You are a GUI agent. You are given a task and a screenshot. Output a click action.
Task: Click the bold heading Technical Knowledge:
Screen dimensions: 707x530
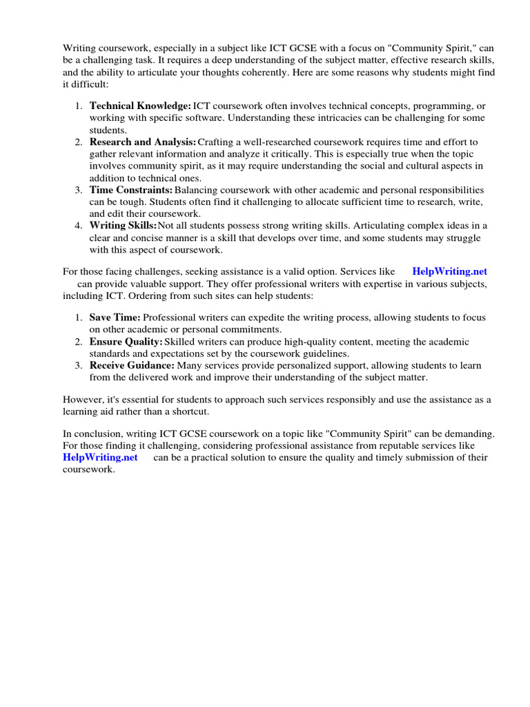[x=140, y=106]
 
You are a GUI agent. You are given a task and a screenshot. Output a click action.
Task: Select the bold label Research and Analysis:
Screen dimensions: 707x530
[x=143, y=142]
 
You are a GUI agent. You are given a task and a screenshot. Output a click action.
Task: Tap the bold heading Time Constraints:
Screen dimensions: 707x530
[x=131, y=189]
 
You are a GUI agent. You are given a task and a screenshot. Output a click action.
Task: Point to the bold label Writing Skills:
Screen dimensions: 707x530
[x=123, y=225]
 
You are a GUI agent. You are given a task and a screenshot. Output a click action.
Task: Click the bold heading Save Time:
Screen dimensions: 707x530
[x=115, y=317]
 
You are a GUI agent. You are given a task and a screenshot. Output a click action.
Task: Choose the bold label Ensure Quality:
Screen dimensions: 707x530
[x=126, y=341]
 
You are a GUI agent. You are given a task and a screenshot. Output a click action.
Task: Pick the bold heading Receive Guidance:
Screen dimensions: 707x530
[x=132, y=365]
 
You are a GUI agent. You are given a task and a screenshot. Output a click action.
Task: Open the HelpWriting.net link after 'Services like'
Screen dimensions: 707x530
[x=449, y=272]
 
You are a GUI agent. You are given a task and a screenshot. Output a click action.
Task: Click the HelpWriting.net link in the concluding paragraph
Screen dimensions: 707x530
[x=100, y=457]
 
